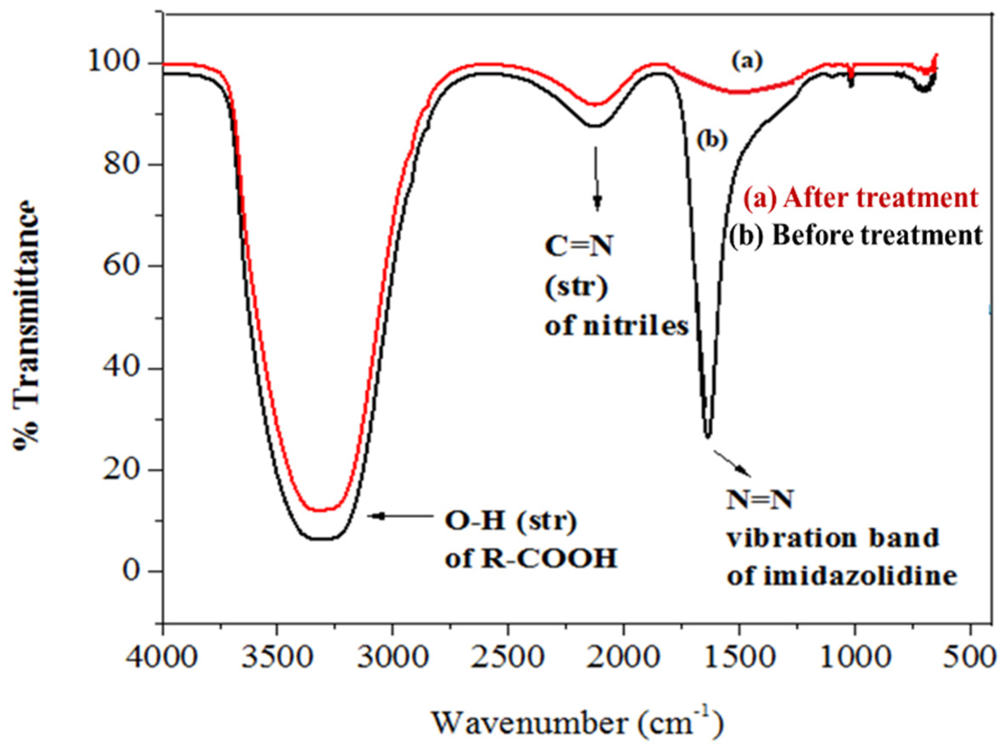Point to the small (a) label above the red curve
pos(747,61)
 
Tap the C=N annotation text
pos(578,248)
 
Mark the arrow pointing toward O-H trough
pos(399,516)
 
